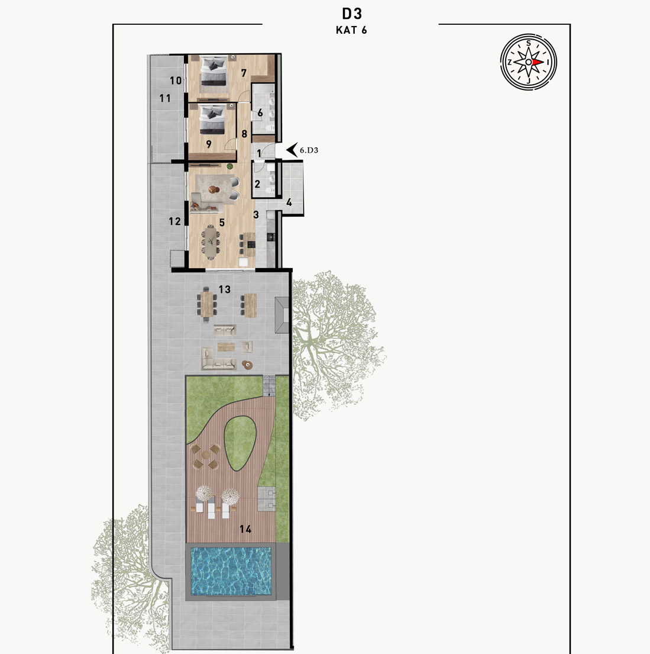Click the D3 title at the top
[351, 14]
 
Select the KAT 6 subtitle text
[351, 30]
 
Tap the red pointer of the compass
[538, 62]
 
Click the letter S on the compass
[529, 43]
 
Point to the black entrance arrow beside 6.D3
[292, 150]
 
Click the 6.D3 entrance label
[309, 150]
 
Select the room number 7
[244, 73]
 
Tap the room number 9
[208, 144]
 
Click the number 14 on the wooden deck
[245, 529]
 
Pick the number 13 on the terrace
[224, 289]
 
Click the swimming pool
[231, 571]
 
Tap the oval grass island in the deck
[240, 444]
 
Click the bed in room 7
[214, 72]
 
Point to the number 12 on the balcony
[174, 221]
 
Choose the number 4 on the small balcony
[289, 202]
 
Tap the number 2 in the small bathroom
[257, 184]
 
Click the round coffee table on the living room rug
[214, 189]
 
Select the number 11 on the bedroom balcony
[165, 98]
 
